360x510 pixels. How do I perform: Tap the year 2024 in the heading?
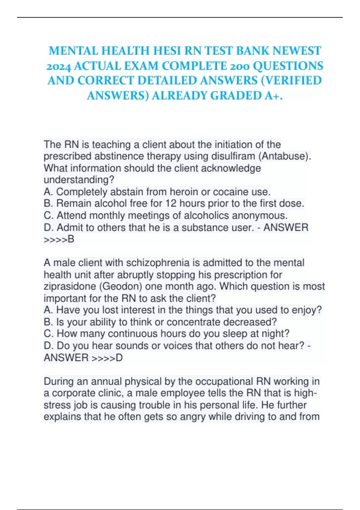click(x=58, y=66)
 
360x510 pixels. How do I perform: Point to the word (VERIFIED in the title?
click(x=292, y=81)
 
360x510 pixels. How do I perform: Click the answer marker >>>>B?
click(x=59, y=239)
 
